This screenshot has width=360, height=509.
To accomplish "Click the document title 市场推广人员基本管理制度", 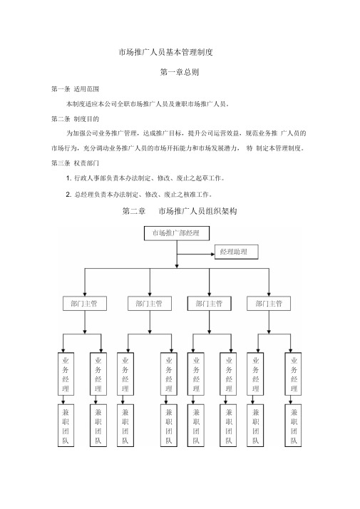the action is point(166,52).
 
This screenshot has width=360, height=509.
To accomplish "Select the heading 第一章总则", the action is point(180,72).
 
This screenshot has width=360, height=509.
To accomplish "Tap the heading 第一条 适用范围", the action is point(75,89).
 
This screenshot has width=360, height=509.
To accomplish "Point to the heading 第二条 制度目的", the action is point(75,119).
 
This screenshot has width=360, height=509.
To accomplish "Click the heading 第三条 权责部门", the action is point(75,163).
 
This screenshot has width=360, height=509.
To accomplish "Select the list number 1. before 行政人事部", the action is point(69,178).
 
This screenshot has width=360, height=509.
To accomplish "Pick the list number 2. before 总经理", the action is point(69,195).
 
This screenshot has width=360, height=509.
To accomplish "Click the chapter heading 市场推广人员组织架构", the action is point(197,211).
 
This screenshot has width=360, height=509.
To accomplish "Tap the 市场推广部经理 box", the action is point(177,233).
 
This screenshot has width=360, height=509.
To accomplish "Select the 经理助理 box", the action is point(237,252).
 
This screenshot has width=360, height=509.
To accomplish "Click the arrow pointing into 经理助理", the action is point(196,254).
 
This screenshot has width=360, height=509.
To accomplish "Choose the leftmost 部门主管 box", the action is point(85,304).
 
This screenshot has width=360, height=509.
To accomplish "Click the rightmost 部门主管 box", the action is point(269,304).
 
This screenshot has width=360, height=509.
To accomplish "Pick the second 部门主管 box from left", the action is point(150,304).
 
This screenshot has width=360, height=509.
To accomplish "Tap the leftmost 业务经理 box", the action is point(66,374).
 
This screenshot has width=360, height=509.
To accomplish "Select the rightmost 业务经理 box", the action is point(293,374).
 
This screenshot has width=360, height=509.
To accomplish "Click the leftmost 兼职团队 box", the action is point(66,426).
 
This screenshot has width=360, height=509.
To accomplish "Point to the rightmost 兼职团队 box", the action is point(293,426).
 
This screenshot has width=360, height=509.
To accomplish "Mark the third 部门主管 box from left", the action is point(210,304).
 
